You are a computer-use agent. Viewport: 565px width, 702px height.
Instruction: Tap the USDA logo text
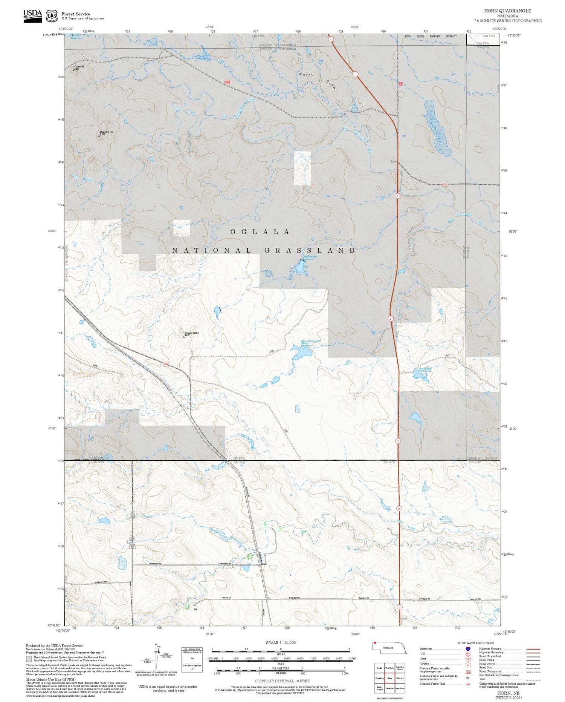click(x=32, y=14)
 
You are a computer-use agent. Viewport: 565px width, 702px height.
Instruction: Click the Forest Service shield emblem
click(x=52, y=16)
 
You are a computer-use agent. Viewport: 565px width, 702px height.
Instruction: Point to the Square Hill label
click(x=79, y=66)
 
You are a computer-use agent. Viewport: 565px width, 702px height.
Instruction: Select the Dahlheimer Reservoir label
click(x=309, y=258)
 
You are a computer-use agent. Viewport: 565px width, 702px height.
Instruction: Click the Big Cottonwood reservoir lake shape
click(x=301, y=352)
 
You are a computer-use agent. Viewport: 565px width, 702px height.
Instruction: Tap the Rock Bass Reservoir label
click(x=425, y=370)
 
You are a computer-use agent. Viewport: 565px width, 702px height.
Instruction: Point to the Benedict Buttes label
click(x=191, y=333)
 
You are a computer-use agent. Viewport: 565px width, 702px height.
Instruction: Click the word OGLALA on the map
click(x=260, y=232)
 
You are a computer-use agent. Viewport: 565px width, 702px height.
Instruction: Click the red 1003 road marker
click(x=227, y=82)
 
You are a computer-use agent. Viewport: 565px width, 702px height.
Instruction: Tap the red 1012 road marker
click(x=445, y=184)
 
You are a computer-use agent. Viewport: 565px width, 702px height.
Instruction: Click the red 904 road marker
click(x=166, y=364)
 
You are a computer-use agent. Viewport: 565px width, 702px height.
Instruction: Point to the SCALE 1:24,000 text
click(x=281, y=642)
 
